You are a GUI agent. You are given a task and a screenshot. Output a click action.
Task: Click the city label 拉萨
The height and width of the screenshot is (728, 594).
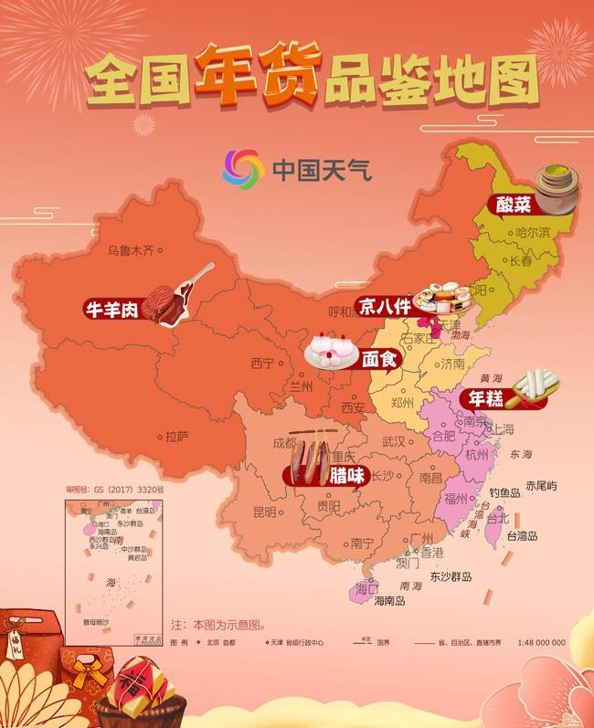pos(176,437)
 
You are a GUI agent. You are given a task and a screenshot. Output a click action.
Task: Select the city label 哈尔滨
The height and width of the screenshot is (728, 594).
pos(533,233)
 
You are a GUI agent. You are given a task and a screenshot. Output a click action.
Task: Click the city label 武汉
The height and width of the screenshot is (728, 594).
pos(393,441)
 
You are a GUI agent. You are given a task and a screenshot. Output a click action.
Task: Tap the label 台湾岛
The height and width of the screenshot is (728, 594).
pos(524,536)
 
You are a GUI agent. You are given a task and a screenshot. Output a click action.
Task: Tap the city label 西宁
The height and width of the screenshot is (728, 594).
pos(262,363)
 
